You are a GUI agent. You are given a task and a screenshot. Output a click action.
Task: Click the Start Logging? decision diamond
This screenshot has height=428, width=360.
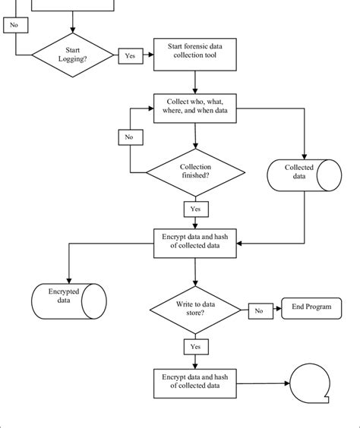point(74,55)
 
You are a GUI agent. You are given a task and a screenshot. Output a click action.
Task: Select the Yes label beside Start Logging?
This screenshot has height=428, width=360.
point(128,55)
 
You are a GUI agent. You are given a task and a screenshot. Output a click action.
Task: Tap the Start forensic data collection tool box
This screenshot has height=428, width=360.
point(196,55)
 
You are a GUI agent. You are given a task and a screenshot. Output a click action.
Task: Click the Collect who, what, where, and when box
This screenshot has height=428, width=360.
point(196,109)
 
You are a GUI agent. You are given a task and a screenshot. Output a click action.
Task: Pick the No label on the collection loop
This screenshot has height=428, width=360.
point(128,137)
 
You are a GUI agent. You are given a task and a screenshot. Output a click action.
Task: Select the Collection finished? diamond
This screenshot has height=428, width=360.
point(195,172)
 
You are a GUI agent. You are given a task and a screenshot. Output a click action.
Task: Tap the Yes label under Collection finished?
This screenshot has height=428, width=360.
point(195,208)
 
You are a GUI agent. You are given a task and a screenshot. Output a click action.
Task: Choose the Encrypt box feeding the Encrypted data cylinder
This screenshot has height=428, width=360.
point(195,242)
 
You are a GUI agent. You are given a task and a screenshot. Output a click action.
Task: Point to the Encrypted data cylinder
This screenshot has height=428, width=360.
point(68,296)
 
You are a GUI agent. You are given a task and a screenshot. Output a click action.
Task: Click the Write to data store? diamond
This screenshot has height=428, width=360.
point(195,309)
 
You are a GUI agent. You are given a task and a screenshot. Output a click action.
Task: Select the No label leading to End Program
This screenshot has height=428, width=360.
point(258,310)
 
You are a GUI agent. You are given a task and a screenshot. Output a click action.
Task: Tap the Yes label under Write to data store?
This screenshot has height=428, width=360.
point(195,345)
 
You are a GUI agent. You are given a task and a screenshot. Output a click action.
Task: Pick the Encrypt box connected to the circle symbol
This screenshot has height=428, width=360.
point(195,380)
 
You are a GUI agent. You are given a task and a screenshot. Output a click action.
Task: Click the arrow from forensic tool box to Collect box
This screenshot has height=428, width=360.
point(196,82)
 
